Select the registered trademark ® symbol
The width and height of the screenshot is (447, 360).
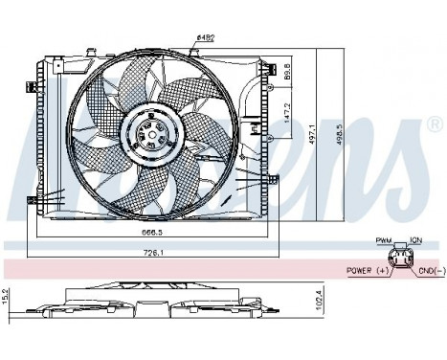(434, 126)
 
